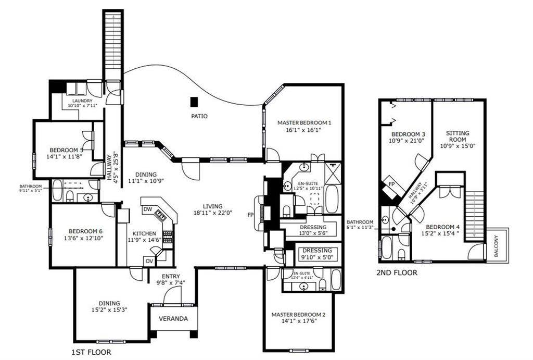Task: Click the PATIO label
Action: pyautogui.click(x=199, y=116)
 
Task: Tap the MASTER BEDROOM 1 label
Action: pyautogui.click(x=304, y=123)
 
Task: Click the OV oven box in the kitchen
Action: pyautogui.click(x=149, y=260)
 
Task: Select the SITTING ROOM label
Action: pyautogui.click(x=458, y=136)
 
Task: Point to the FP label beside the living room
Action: pyautogui.click(x=250, y=215)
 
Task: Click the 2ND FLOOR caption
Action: pyautogui.click(x=396, y=272)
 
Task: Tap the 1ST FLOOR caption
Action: pyautogui.click(x=91, y=353)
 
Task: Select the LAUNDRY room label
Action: pyautogui.click(x=82, y=101)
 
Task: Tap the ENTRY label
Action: pyautogui.click(x=171, y=276)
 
